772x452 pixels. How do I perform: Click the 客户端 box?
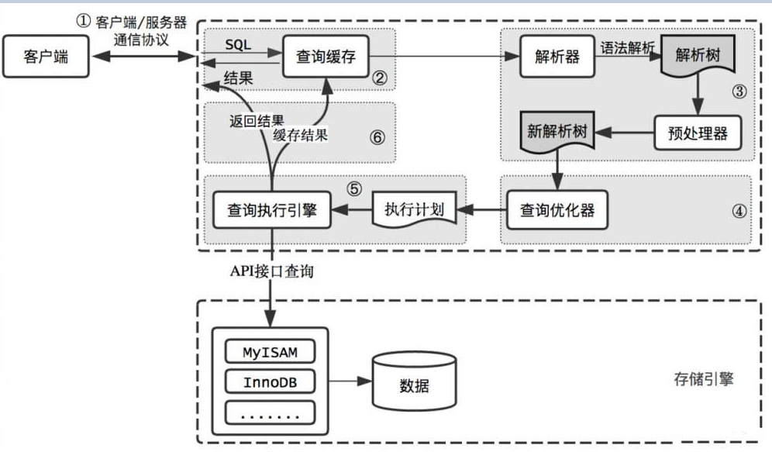click(45, 57)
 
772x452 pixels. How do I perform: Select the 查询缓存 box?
click(326, 57)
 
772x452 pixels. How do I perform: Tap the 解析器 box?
click(557, 57)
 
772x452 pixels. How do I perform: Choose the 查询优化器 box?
click(556, 209)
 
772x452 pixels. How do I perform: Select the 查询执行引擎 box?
click(271, 209)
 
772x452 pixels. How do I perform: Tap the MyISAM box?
click(271, 353)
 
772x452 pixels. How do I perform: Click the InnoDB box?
click(271, 382)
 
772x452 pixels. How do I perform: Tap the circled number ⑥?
click(377, 137)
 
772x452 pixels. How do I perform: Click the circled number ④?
click(738, 211)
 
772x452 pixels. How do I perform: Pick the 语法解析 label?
click(628, 47)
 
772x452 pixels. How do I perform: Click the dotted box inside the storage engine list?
click(271, 413)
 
